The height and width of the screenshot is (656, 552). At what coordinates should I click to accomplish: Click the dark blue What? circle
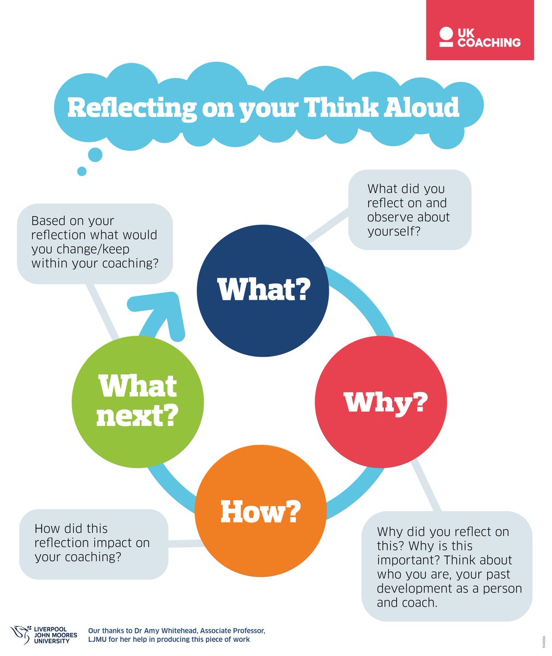(263, 291)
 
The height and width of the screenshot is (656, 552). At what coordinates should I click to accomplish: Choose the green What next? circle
(138, 402)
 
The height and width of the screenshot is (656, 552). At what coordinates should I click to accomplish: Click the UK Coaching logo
(480, 37)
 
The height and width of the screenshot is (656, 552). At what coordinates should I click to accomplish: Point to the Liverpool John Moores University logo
(44, 635)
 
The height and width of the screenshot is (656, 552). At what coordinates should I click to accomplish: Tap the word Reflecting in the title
(132, 108)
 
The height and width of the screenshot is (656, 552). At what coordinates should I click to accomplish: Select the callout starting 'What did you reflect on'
(409, 210)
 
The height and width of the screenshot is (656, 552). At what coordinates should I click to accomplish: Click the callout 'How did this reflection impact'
(93, 543)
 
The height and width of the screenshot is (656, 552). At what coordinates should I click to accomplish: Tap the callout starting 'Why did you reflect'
(447, 567)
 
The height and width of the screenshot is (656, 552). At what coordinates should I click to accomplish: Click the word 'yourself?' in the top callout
(393, 231)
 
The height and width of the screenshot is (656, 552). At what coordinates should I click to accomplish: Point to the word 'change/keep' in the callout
(102, 249)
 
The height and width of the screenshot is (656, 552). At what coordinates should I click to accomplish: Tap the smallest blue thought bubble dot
(82, 171)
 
